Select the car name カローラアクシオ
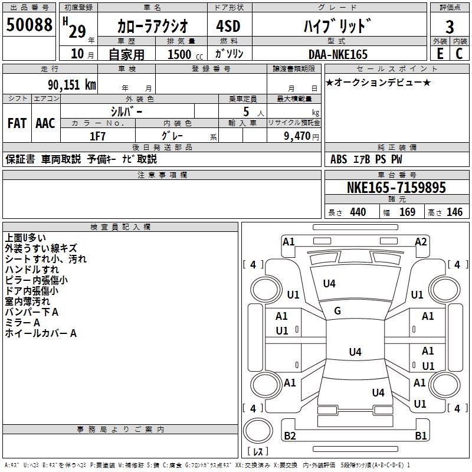click(x=153, y=26)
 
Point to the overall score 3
click(x=450, y=27)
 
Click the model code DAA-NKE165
click(x=337, y=54)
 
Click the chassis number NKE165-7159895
click(x=396, y=188)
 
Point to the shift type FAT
click(x=17, y=123)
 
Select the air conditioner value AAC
click(x=45, y=123)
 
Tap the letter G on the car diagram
click(x=337, y=311)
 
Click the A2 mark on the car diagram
click(x=421, y=241)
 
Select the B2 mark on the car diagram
click(x=290, y=436)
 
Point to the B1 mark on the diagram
click(x=421, y=436)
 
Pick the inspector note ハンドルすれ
click(x=32, y=270)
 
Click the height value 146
click(x=454, y=212)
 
